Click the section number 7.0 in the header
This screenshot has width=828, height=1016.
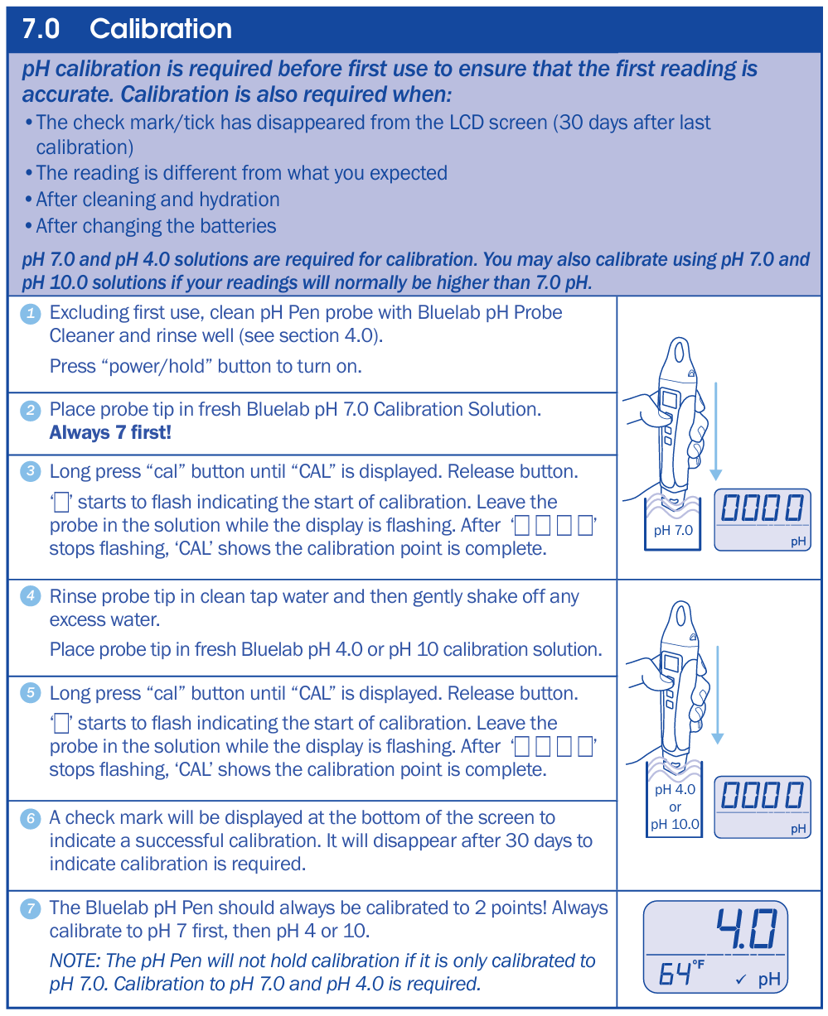click(x=41, y=29)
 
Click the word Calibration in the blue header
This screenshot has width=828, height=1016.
click(x=161, y=29)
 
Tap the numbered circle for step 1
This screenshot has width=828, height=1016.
click(x=31, y=313)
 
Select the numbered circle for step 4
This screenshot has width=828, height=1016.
click(x=31, y=596)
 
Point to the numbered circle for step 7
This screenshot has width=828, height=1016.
click(x=31, y=908)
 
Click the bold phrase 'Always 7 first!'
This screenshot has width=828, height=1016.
click(x=110, y=432)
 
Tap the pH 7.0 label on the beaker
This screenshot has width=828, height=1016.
click(x=673, y=530)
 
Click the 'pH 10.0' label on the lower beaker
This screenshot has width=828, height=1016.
click(x=674, y=824)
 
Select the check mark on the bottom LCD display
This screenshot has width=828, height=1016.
click(x=740, y=980)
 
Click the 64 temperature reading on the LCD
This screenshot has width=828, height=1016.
click(x=675, y=974)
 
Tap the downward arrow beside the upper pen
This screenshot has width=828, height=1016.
click(x=715, y=431)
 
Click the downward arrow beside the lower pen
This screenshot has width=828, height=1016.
click(x=717, y=696)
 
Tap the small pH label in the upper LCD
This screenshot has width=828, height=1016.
click(x=798, y=541)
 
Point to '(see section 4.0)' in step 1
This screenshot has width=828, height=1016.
click(x=310, y=335)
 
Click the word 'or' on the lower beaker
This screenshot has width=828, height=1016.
click(x=675, y=807)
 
